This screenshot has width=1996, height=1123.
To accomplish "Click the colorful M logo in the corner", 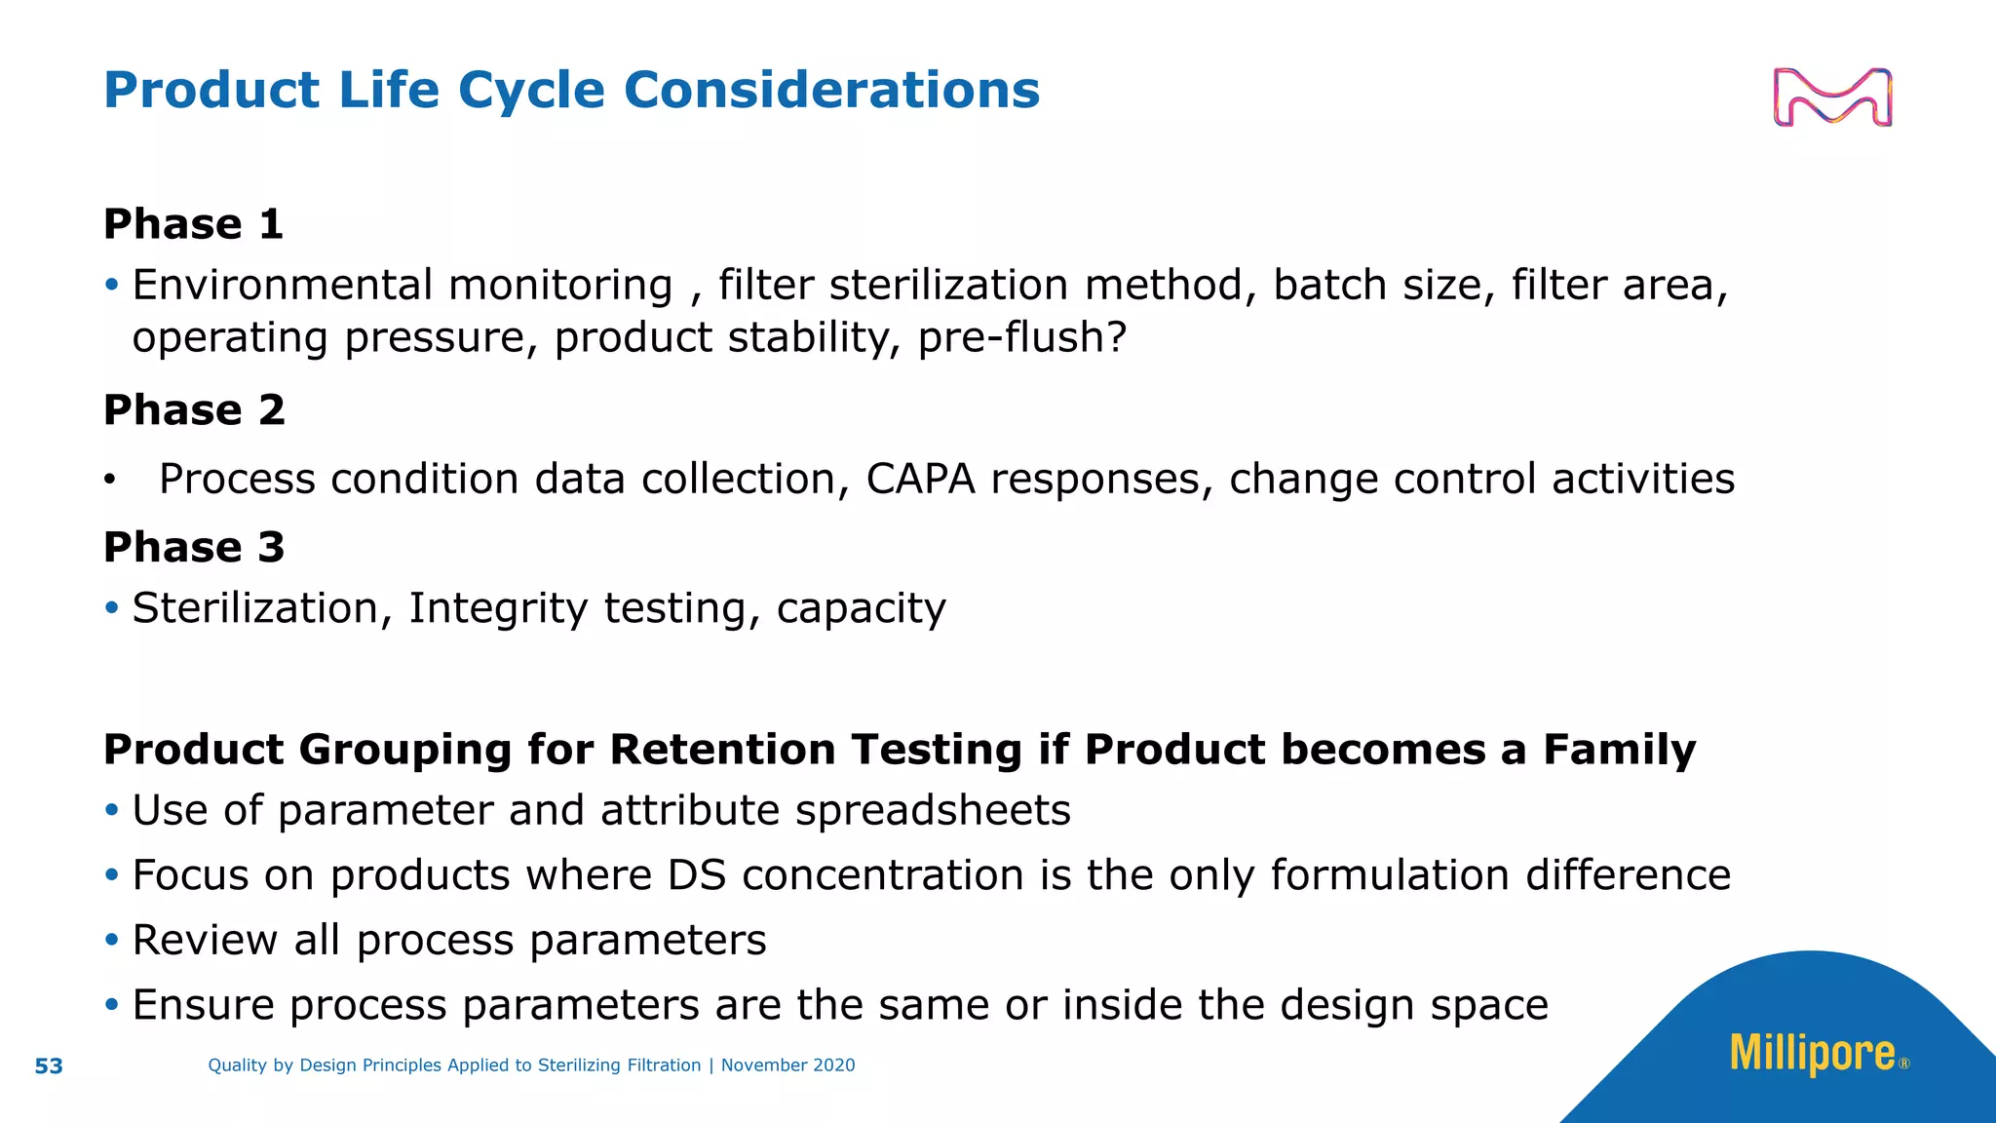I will click(x=1832, y=97).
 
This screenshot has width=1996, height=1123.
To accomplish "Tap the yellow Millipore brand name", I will click(x=1812, y=1054).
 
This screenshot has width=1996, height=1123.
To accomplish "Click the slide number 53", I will click(x=49, y=1066).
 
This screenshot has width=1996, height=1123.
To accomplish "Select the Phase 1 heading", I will click(x=193, y=224).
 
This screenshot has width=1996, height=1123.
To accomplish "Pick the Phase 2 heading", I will click(x=194, y=409).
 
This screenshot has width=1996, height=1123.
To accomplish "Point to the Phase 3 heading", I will click(x=194, y=547).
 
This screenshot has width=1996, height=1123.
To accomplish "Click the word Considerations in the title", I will click(x=831, y=90).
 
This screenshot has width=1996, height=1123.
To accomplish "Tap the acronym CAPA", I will click(x=920, y=479).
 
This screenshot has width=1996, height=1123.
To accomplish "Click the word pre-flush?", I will click(x=1022, y=337).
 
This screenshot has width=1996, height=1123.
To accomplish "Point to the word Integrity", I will click(x=498, y=608).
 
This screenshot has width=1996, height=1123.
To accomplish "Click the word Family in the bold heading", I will click(x=1619, y=750).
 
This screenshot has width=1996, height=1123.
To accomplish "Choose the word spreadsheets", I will click(x=933, y=810).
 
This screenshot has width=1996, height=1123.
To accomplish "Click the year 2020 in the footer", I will click(x=833, y=1065).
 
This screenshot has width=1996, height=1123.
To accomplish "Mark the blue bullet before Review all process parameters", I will click(x=112, y=940).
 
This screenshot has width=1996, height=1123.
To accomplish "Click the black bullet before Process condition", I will click(x=110, y=480).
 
